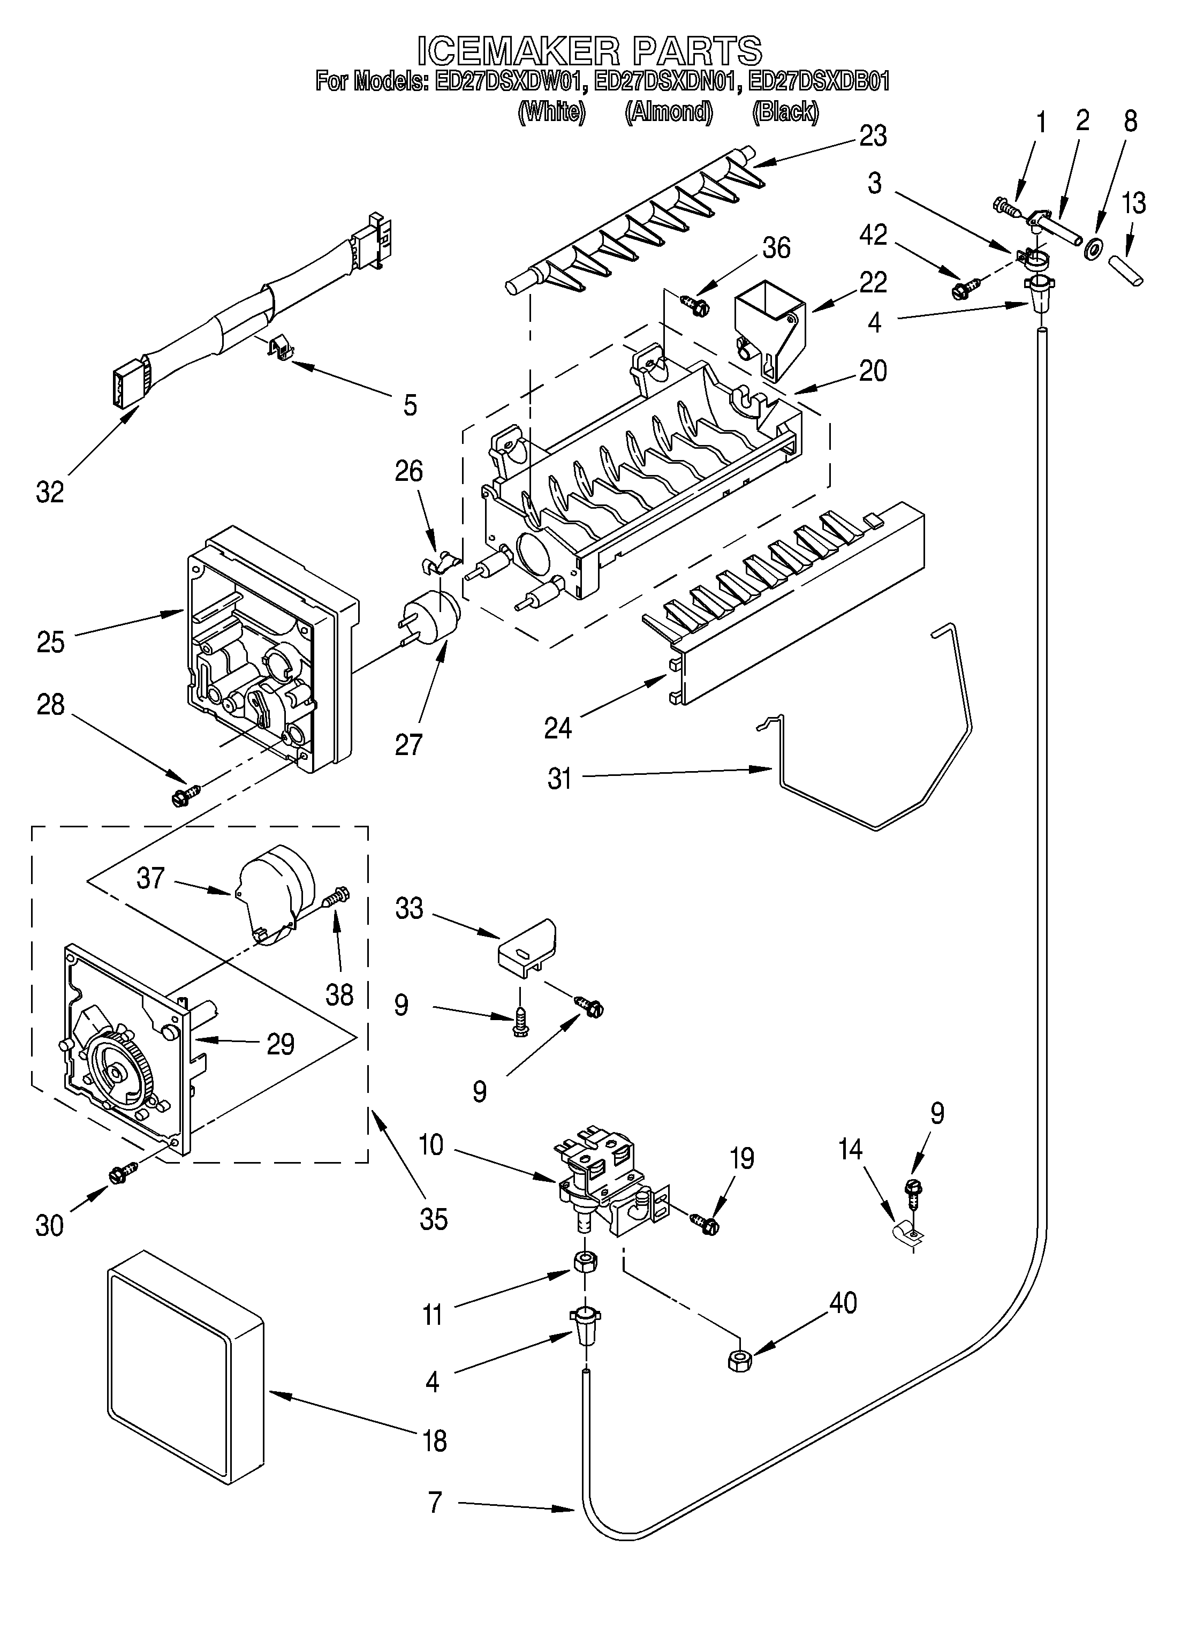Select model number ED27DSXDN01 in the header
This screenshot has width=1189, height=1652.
point(668,81)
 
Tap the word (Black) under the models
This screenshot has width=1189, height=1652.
point(785,111)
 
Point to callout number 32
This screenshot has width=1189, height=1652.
point(50,493)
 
